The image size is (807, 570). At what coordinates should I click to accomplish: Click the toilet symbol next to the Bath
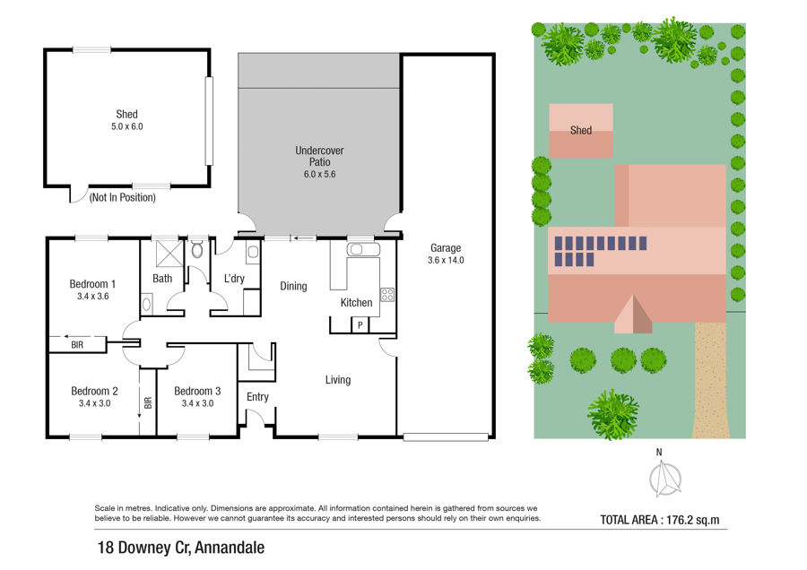tap(197, 249)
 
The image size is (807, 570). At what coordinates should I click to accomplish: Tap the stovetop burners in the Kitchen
tap(387, 295)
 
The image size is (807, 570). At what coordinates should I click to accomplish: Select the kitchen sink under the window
tap(363, 250)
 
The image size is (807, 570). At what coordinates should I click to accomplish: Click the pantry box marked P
tap(360, 324)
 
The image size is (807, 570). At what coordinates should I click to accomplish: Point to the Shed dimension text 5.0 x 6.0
tap(127, 126)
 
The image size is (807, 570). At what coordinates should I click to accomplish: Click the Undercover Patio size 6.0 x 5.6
tap(319, 175)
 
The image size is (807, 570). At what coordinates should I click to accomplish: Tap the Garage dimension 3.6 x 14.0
tap(446, 260)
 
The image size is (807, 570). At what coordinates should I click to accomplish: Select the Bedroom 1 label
tap(92, 284)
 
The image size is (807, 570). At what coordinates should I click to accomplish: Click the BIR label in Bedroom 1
tap(77, 345)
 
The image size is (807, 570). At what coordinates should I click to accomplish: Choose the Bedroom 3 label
tap(197, 391)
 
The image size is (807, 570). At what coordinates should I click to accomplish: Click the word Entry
tap(257, 397)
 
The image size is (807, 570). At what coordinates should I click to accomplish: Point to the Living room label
tap(338, 380)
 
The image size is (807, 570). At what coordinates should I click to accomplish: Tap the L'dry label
tap(234, 279)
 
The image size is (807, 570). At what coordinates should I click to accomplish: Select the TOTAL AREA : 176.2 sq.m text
tap(660, 520)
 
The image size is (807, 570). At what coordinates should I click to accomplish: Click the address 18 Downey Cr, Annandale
tap(181, 548)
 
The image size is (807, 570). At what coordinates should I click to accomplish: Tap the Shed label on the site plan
tap(581, 130)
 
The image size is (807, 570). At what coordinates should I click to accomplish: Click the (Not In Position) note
tap(123, 197)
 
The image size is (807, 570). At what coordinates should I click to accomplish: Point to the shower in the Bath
tap(169, 253)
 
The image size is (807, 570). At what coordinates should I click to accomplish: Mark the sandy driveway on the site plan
tap(712, 380)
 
